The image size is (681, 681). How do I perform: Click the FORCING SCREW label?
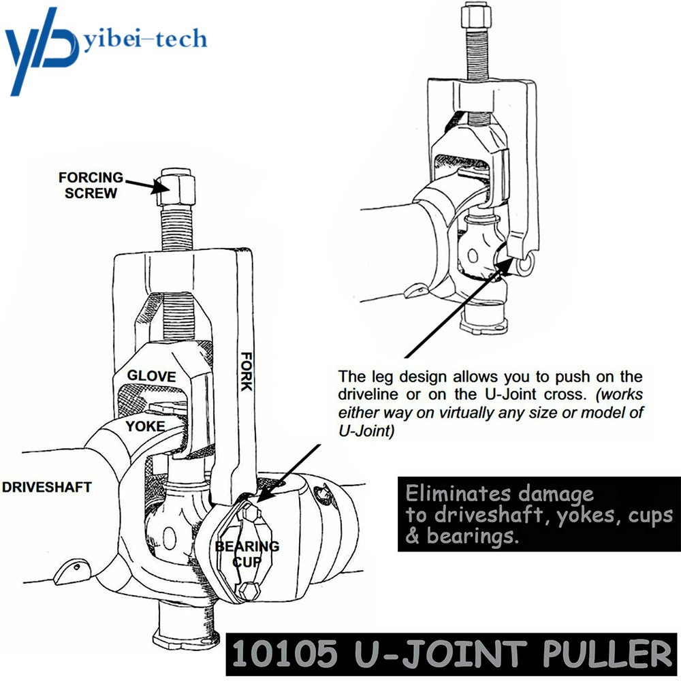coord(91,185)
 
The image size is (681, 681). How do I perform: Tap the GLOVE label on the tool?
coord(151,376)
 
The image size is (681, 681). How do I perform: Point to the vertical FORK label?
coord(245,371)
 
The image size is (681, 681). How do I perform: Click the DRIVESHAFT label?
coord(47,488)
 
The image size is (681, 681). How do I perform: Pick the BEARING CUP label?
coord(247,553)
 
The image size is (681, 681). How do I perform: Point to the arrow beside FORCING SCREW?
coord(144,184)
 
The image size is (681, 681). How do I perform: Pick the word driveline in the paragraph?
coord(368,394)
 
